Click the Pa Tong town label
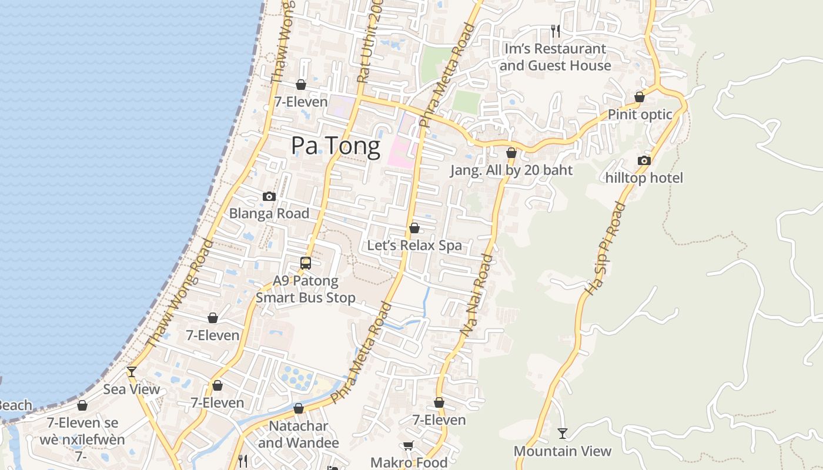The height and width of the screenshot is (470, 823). [336, 146]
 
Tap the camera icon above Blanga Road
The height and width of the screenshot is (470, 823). [269, 196]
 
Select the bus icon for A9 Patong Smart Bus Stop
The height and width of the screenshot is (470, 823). [306, 263]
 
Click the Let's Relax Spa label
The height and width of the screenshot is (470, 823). [414, 246]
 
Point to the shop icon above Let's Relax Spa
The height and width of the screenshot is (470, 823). [414, 228]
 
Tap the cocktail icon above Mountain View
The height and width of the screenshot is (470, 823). [563, 434]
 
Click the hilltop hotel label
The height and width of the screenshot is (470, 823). [644, 178]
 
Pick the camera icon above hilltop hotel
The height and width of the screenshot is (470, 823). [644, 160]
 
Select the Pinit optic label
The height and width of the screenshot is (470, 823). [640, 115]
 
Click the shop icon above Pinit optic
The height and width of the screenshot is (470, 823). [640, 97]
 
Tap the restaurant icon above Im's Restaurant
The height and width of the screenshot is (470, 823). [555, 31]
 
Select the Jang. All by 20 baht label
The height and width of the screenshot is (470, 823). [511, 170]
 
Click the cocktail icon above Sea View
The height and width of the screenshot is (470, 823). [132, 371]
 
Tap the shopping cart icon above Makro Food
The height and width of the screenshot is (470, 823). [409, 445]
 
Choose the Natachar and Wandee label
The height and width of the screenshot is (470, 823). [299, 434]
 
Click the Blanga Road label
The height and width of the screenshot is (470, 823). [269, 214]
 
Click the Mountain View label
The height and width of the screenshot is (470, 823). [563, 451]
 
